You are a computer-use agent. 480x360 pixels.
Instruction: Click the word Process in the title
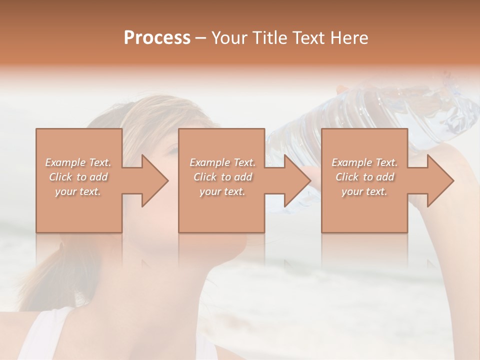tap(157, 38)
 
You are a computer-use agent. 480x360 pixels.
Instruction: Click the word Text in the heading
tap(310, 38)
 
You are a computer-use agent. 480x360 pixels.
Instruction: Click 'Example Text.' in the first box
tap(78, 162)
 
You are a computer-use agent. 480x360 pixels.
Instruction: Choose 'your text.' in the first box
tap(78, 191)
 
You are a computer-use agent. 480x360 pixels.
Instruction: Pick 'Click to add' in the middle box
tap(222, 177)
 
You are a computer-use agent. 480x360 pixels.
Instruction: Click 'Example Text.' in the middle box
tap(222, 162)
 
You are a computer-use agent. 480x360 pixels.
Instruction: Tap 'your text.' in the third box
tap(364, 191)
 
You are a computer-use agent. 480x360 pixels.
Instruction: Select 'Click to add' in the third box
tap(364, 177)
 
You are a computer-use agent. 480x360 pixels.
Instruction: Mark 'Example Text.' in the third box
tap(364, 162)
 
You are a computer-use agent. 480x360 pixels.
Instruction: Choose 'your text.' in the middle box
tap(222, 191)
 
